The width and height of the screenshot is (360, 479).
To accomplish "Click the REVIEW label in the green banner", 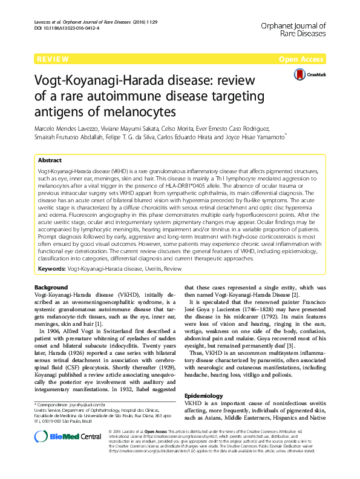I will (x=53, y=59).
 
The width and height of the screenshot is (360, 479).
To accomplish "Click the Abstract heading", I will (x=50, y=160).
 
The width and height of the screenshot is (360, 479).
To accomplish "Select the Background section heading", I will (x=51, y=287).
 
